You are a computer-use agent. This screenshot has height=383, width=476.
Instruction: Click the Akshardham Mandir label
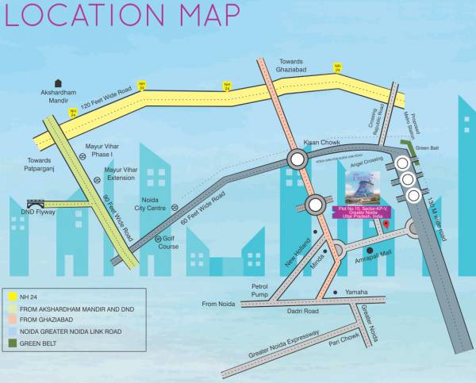point(59,96)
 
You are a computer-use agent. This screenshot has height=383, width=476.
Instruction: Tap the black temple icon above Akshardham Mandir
point(58,82)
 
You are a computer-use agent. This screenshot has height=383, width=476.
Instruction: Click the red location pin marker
point(386,225)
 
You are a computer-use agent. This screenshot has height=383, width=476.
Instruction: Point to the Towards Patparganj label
point(33,165)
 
